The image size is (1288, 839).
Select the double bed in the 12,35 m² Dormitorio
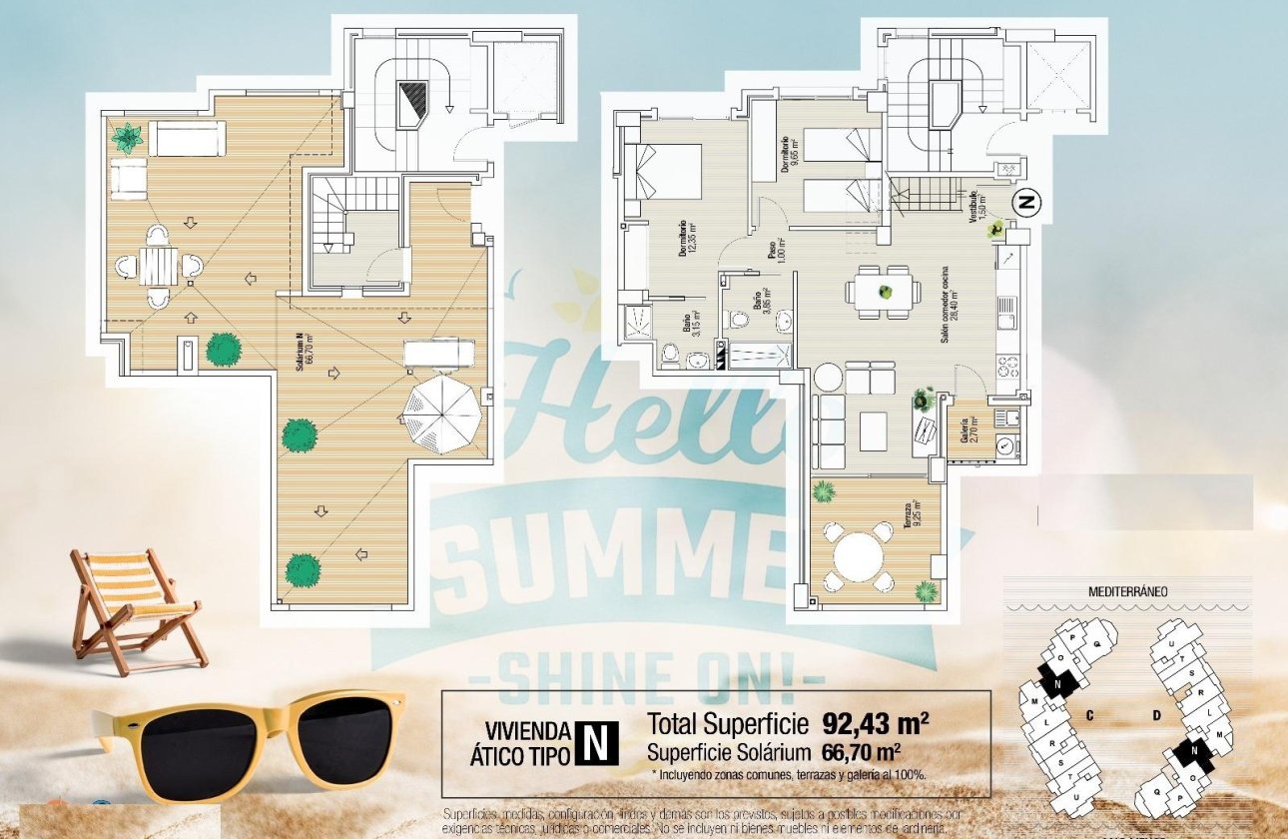click(663, 172)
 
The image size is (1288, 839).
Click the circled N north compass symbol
click(1026, 202)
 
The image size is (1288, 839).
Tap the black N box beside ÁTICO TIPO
click(596, 744)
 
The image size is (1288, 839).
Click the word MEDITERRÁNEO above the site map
click(1127, 591)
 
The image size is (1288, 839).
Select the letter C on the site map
click(1091, 715)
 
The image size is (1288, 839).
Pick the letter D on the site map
click(1156, 715)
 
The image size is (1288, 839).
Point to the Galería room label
click(965, 431)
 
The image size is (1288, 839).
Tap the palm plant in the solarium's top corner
click(127, 137)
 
